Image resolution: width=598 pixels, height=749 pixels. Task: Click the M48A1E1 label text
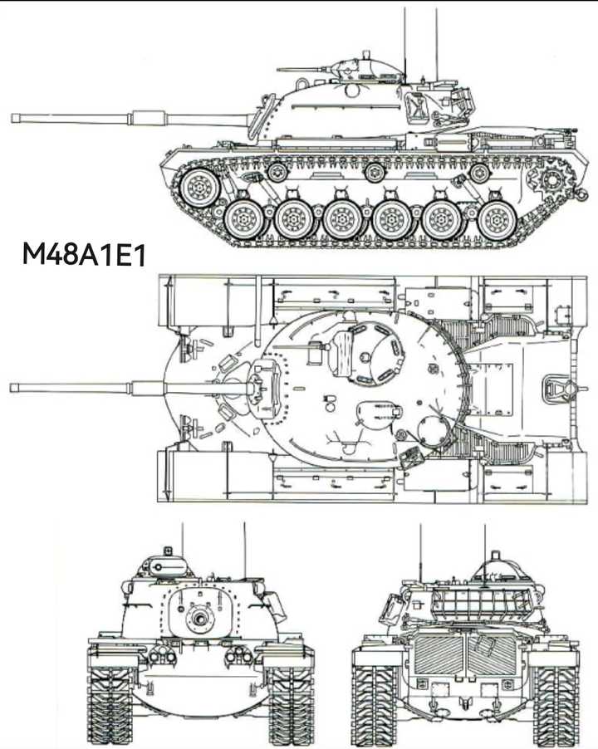click(x=84, y=255)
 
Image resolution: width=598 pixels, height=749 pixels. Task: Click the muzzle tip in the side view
click(x=13, y=119)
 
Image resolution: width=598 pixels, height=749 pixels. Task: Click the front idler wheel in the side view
click(x=199, y=188)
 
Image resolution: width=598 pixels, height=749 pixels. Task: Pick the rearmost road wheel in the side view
click(x=498, y=221)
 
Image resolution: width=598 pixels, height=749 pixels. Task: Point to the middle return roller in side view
click(x=374, y=173)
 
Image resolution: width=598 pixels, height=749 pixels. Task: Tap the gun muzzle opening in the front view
click(x=199, y=618)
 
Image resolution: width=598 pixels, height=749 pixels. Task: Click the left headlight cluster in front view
click(x=163, y=655)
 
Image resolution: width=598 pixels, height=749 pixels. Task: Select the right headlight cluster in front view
click(x=238, y=655)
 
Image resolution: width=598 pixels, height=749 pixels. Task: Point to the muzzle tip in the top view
click(x=12, y=388)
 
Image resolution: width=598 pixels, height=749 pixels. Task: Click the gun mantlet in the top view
click(x=264, y=387)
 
